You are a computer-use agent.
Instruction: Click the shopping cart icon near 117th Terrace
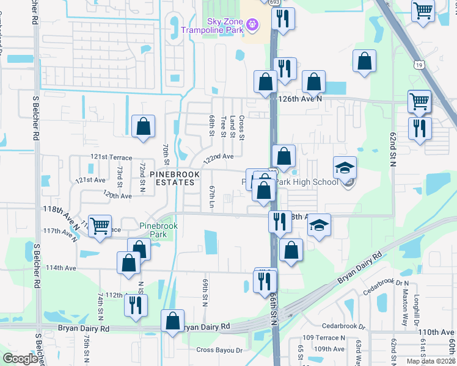point(100,224)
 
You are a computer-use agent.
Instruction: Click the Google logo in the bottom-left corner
point(20,359)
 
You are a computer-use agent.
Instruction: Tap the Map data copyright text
point(430,361)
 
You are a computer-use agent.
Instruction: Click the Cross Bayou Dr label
point(219,350)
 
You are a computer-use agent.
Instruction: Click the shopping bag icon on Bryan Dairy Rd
point(174,320)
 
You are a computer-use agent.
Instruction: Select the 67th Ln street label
point(211,196)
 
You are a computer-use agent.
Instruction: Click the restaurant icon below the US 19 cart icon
point(420,128)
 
